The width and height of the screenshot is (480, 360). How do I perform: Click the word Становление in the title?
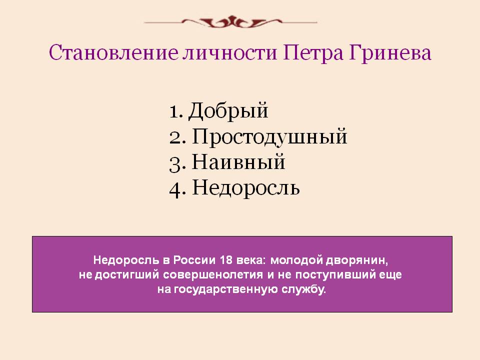tap(113, 52)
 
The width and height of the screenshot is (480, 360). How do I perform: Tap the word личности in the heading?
tap(230, 52)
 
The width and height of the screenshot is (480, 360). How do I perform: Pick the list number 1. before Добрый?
tap(176, 111)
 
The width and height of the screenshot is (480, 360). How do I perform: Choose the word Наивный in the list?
tap(238, 161)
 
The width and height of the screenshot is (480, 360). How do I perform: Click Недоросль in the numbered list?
tap(246, 187)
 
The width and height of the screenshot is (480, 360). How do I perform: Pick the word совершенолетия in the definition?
tap(213, 274)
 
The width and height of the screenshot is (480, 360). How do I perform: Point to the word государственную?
tap(226, 289)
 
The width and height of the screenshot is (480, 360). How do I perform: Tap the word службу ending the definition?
tap(303, 289)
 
